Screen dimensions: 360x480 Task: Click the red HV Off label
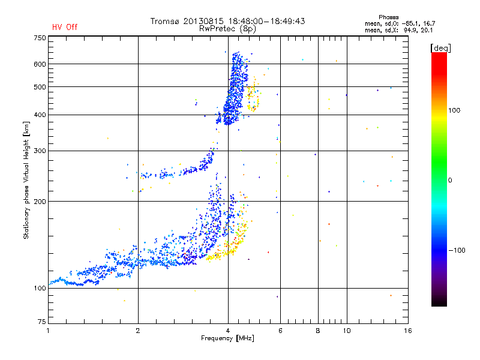(65, 27)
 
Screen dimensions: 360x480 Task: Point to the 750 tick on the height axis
(40, 37)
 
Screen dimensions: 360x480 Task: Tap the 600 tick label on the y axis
(40, 64)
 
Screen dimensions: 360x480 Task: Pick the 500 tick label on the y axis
(40, 87)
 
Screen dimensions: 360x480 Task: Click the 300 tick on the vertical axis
(40, 151)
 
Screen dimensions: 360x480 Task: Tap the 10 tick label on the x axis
(346, 331)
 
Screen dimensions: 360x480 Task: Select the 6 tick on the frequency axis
(280, 331)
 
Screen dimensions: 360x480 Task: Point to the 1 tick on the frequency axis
(48, 331)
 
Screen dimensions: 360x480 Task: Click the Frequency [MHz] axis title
(227, 338)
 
